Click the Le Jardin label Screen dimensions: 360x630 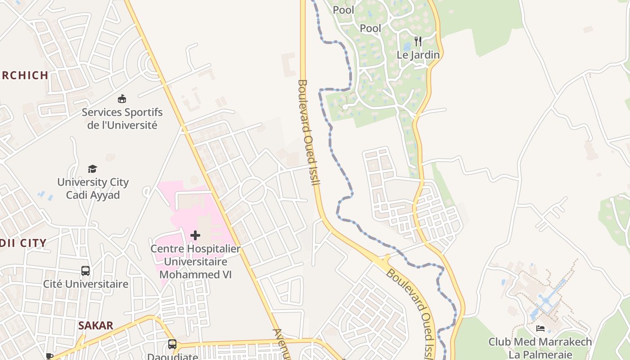pyautogui.click(x=418, y=55)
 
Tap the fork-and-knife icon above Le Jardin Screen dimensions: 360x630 pyautogui.click(x=418, y=42)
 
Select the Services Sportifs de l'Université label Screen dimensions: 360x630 pyautogui.click(x=122, y=118)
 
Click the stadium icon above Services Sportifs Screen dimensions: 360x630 pyautogui.click(x=121, y=99)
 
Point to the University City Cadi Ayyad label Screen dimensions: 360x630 pyautogui.click(x=93, y=189)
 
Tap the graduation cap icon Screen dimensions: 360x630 pyautogui.click(x=92, y=169)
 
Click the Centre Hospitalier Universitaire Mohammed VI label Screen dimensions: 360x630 pyautogui.click(x=195, y=261)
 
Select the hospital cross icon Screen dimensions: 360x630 pyautogui.click(x=195, y=235)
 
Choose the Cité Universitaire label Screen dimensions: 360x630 pyautogui.click(x=85, y=284)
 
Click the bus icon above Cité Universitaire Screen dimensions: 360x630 pyautogui.click(x=85, y=271)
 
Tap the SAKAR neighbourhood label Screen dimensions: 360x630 pyautogui.click(x=96, y=325)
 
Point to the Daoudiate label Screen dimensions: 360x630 pyautogui.click(x=173, y=356)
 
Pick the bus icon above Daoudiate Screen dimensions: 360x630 pyautogui.click(x=172, y=344)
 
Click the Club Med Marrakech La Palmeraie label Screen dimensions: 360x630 pyautogui.click(x=540, y=348)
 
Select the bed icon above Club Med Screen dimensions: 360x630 pyautogui.click(x=540, y=328)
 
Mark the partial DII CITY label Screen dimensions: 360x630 pyautogui.click(x=23, y=243)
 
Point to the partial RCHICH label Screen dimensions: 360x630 pyautogui.click(x=24, y=75)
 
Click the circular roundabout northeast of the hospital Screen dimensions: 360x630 pyautogui.click(x=253, y=190)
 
